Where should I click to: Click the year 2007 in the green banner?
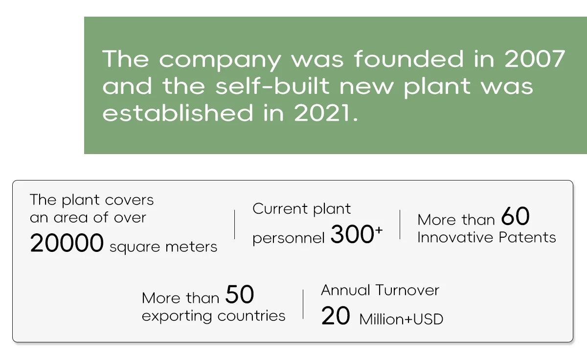535,59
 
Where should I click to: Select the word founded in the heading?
409,58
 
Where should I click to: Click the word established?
178,112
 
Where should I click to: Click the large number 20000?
67,243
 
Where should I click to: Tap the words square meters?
163,247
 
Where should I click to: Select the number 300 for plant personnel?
352,234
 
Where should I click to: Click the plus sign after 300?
379,230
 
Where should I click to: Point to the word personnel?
289,238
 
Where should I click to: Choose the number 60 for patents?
515,216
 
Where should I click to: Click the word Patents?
527,237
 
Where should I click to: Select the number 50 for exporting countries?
240,294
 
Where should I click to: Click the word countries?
251,315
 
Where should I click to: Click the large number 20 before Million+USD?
336,315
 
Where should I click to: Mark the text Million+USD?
401,319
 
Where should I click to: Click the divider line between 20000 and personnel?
234,225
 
